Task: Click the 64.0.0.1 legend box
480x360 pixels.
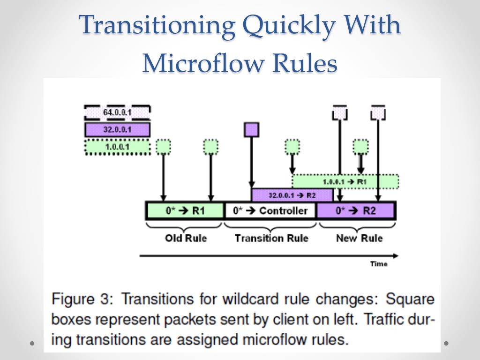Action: (117, 113)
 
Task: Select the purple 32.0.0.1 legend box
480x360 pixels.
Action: (117, 129)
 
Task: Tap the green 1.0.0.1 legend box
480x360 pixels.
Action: (117, 147)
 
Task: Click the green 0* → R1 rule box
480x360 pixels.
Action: (185, 210)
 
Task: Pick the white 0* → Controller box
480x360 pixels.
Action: (270, 210)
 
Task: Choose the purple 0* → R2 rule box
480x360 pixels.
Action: (356, 210)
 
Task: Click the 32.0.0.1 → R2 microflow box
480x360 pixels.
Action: (292, 195)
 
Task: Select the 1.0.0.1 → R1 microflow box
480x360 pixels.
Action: (345, 181)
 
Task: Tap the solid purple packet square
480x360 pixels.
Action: (252, 129)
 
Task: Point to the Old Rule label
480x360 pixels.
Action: (186, 238)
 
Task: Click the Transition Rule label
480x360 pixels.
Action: (271, 238)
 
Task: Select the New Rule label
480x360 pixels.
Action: (359, 238)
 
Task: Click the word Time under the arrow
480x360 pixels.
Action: (379, 264)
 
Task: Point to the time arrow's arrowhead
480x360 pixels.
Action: (396, 255)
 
